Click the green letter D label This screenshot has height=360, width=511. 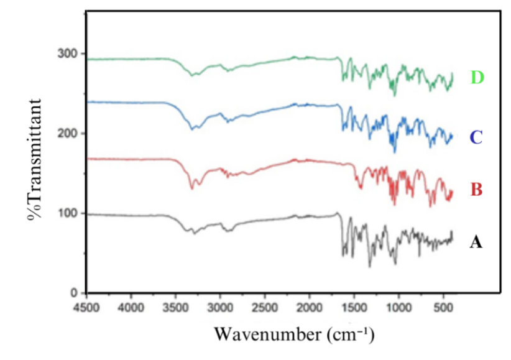pos(477,78)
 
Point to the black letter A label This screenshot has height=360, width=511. pos(476,242)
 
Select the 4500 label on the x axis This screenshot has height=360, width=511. pos(87,307)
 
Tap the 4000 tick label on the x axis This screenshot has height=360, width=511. pos(131,307)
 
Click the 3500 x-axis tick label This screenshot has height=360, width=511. pos(175,307)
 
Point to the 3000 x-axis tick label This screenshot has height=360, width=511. pos(220,307)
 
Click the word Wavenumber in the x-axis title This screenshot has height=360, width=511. pos(260,334)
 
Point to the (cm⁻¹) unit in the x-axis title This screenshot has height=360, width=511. pos(342,334)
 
